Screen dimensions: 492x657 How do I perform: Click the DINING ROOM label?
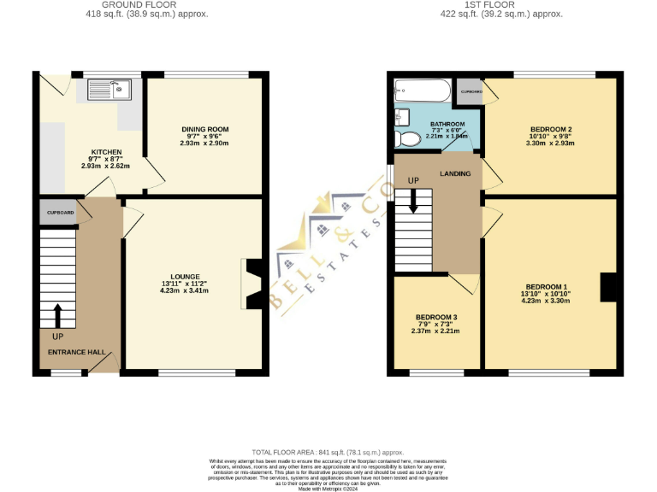pos(204,130)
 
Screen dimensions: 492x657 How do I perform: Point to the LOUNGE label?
pos(185,276)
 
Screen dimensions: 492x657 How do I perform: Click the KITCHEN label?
pos(107,152)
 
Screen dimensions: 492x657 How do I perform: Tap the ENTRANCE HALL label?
pos(76,352)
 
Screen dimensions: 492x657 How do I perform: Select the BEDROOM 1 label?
pos(546,286)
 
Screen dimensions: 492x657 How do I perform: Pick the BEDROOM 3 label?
pos(436,317)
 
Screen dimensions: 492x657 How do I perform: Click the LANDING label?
pos(455,174)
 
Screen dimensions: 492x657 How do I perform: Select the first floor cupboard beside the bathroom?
pos(471,91)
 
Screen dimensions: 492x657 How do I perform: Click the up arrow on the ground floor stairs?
pos(57,316)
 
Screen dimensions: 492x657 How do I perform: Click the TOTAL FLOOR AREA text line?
pos(328,451)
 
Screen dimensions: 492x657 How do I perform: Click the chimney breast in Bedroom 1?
pos(608,286)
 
